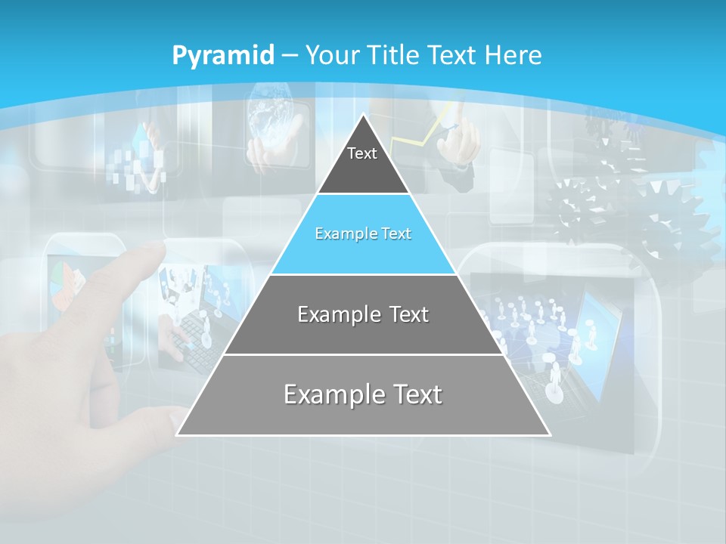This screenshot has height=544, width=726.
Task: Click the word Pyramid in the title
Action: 223,56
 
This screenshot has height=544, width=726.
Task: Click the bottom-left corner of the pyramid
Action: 177,434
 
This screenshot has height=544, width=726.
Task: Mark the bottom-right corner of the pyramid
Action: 550,434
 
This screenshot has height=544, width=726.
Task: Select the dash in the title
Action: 289,56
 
